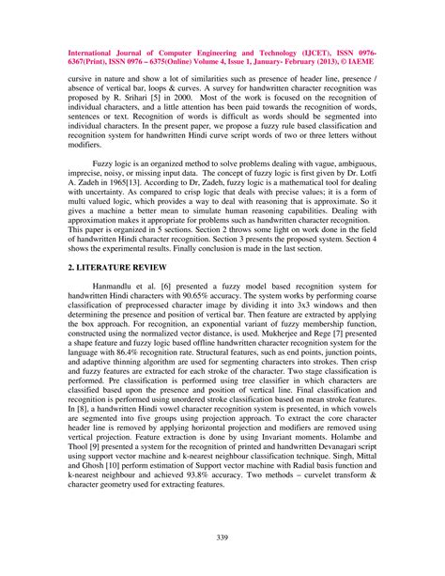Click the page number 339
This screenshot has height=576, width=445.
(222, 537)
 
